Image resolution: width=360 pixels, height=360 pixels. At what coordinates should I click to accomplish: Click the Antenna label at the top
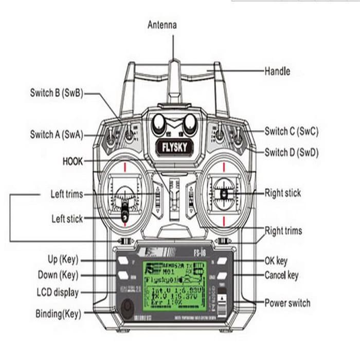click(x=162, y=24)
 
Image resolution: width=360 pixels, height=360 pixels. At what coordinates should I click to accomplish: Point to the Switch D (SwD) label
click(x=291, y=152)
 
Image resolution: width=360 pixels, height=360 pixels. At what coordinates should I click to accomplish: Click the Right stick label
click(x=282, y=193)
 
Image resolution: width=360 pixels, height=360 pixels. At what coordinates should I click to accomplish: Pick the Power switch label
click(x=287, y=302)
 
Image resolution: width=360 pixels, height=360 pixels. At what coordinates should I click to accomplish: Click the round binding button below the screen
click(x=126, y=310)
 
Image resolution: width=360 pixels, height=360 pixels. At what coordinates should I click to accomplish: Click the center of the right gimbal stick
click(x=224, y=194)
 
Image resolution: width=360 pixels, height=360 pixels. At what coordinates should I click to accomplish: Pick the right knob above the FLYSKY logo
click(x=190, y=122)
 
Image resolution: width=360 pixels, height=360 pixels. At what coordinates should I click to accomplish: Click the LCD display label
click(x=58, y=293)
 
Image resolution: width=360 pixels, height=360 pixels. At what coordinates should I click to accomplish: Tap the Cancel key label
click(x=281, y=275)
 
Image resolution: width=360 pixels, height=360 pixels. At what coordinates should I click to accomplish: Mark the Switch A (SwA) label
click(x=56, y=135)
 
